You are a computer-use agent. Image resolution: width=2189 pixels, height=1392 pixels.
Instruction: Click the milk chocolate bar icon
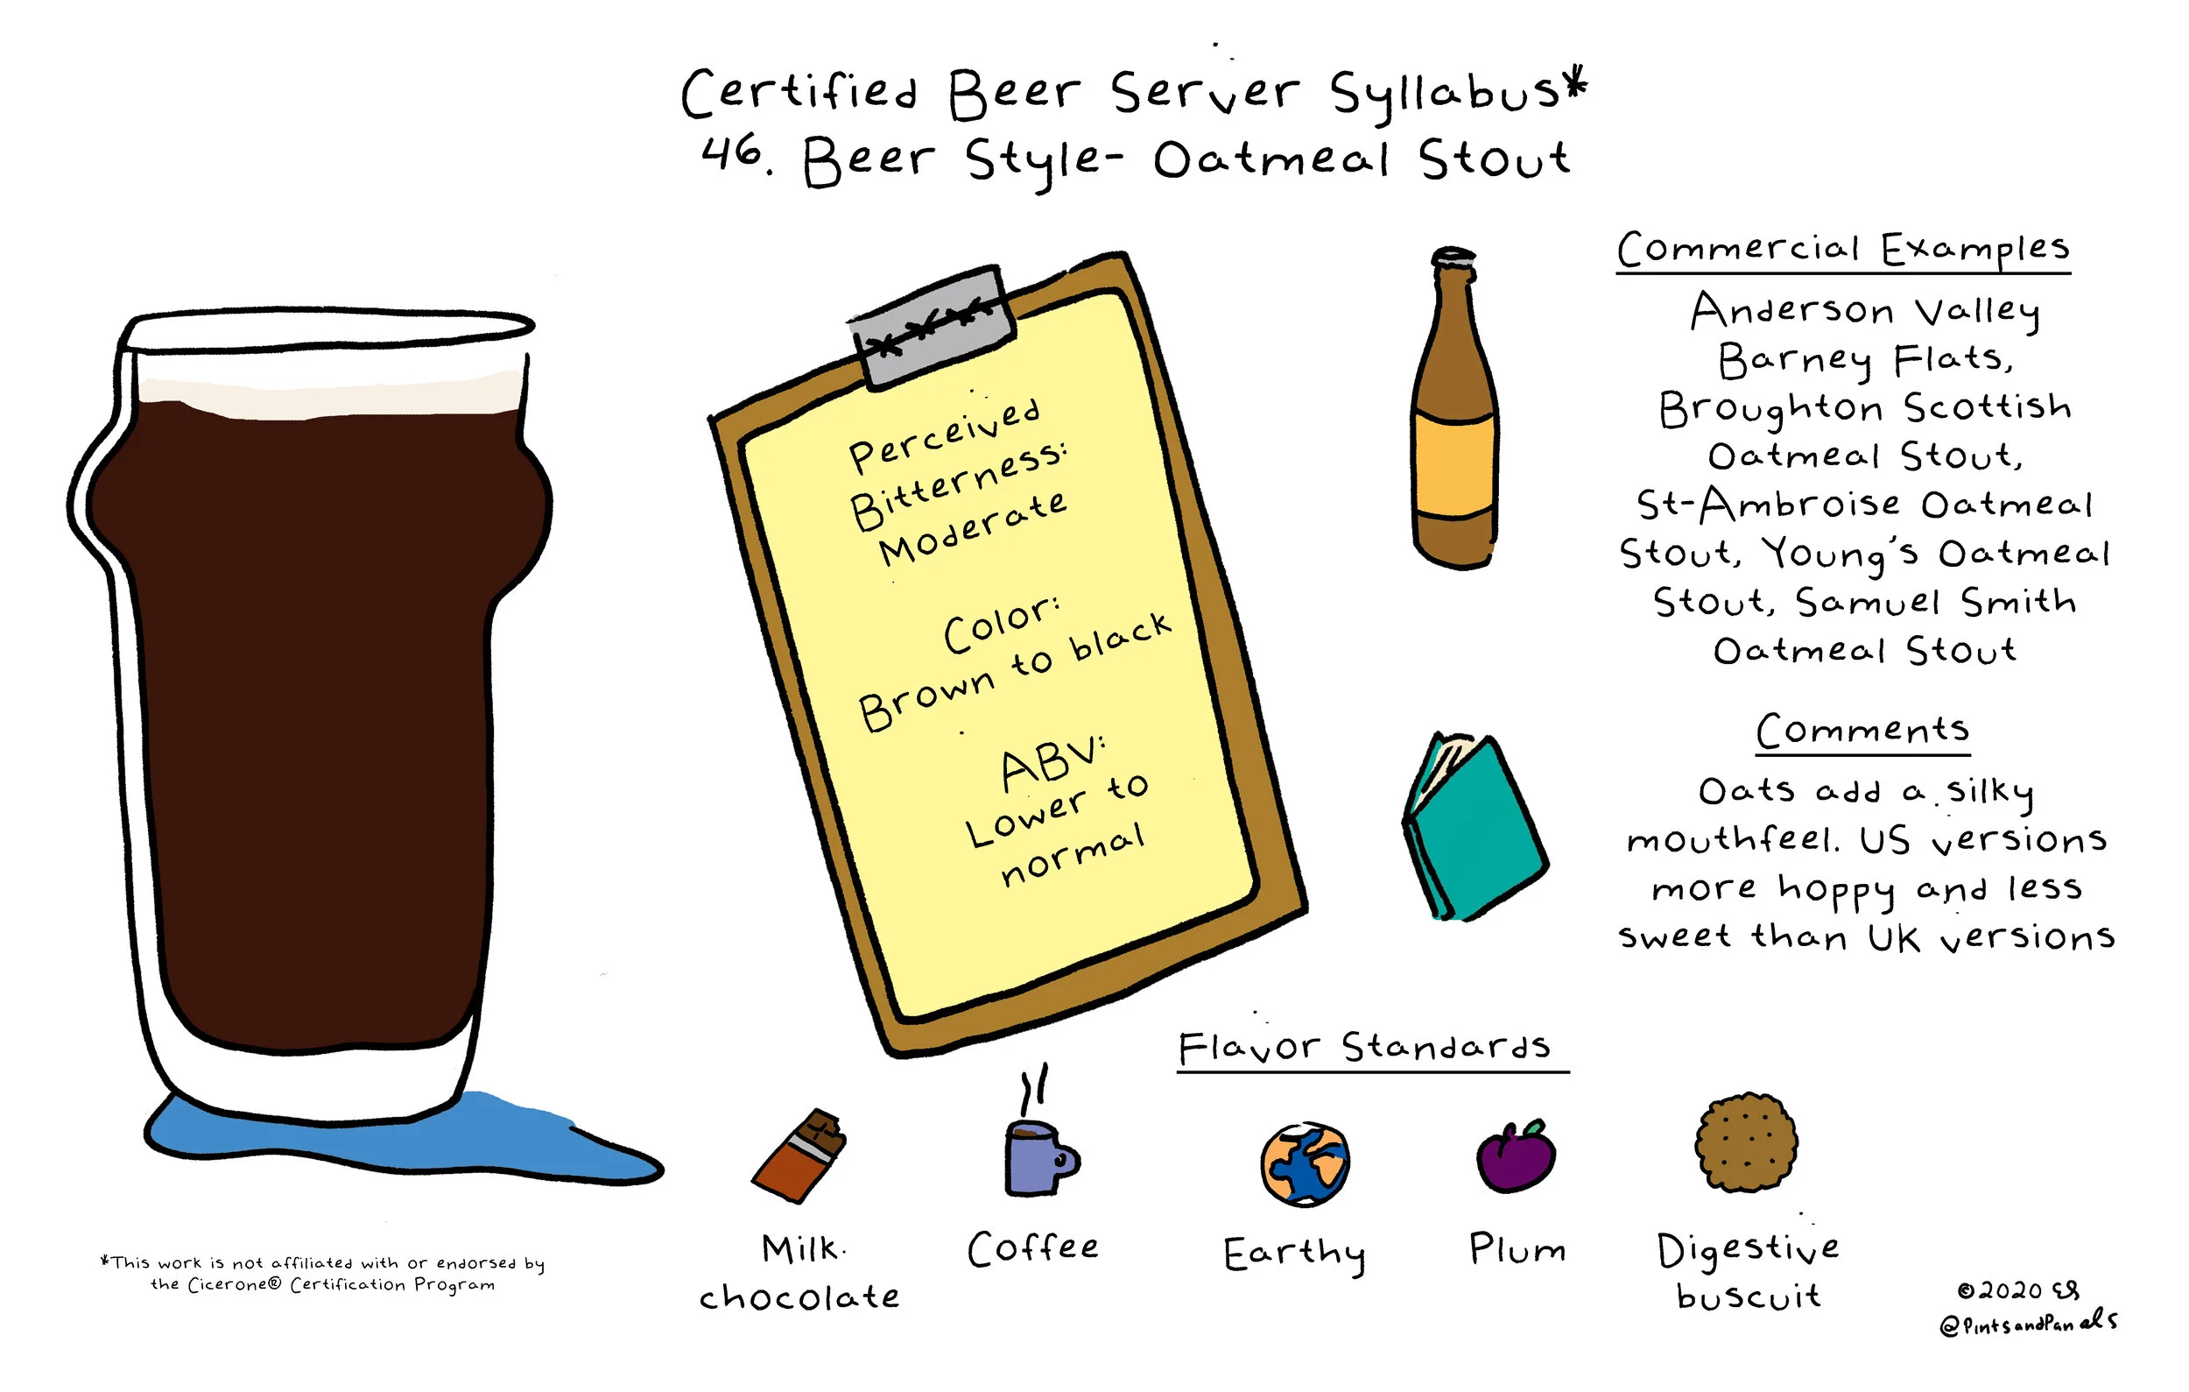pyautogui.click(x=800, y=1156)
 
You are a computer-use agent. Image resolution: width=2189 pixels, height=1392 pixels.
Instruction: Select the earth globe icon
pyautogui.click(x=1306, y=1165)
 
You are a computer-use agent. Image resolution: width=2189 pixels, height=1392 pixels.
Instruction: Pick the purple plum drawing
pyautogui.click(x=1517, y=1156)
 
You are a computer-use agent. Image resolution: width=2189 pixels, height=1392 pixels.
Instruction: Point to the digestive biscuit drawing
pyautogui.click(x=1746, y=1142)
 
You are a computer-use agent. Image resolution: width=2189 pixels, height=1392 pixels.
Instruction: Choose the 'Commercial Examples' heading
pyautogui.click(x=1843, y=248)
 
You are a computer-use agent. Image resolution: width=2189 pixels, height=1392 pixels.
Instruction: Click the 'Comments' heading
pyautogui.click(x=1862, y=730)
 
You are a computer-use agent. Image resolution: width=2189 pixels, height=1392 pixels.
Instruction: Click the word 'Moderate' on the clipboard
pyautogui.click(x=973, y=529)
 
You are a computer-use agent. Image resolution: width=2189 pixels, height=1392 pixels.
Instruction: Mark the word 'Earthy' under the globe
pyautogui.click(x=1294, y=1254)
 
